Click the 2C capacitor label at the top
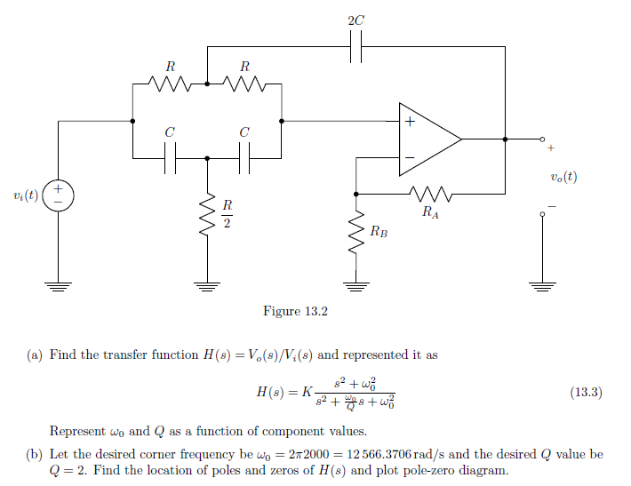tap(356, 19)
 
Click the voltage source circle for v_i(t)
tap(58, 195)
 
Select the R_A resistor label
tap(430, 212)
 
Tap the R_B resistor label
tap(379, 233)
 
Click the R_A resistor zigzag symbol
tap(430, 194)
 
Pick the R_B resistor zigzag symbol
tap(355, 233)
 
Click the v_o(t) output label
tap(563, 176)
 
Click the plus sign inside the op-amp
tap(410, 122)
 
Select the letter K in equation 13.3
tap(307, 393)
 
